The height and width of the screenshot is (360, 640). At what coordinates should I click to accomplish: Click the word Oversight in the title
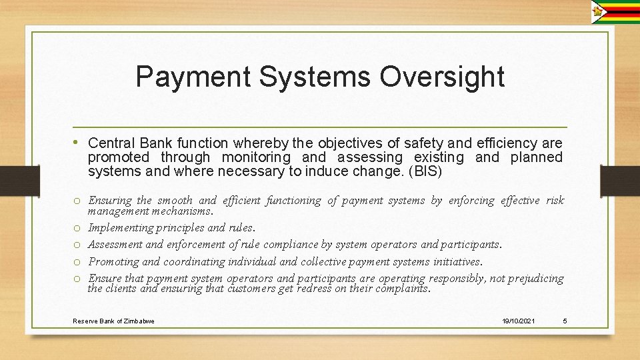442,77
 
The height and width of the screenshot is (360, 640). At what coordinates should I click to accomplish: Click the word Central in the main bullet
111,143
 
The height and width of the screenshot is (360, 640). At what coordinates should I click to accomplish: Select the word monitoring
256,158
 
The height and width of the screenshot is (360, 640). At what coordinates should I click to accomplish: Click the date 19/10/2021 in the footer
518,321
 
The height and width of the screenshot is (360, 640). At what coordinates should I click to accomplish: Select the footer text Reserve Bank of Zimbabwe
113,321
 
